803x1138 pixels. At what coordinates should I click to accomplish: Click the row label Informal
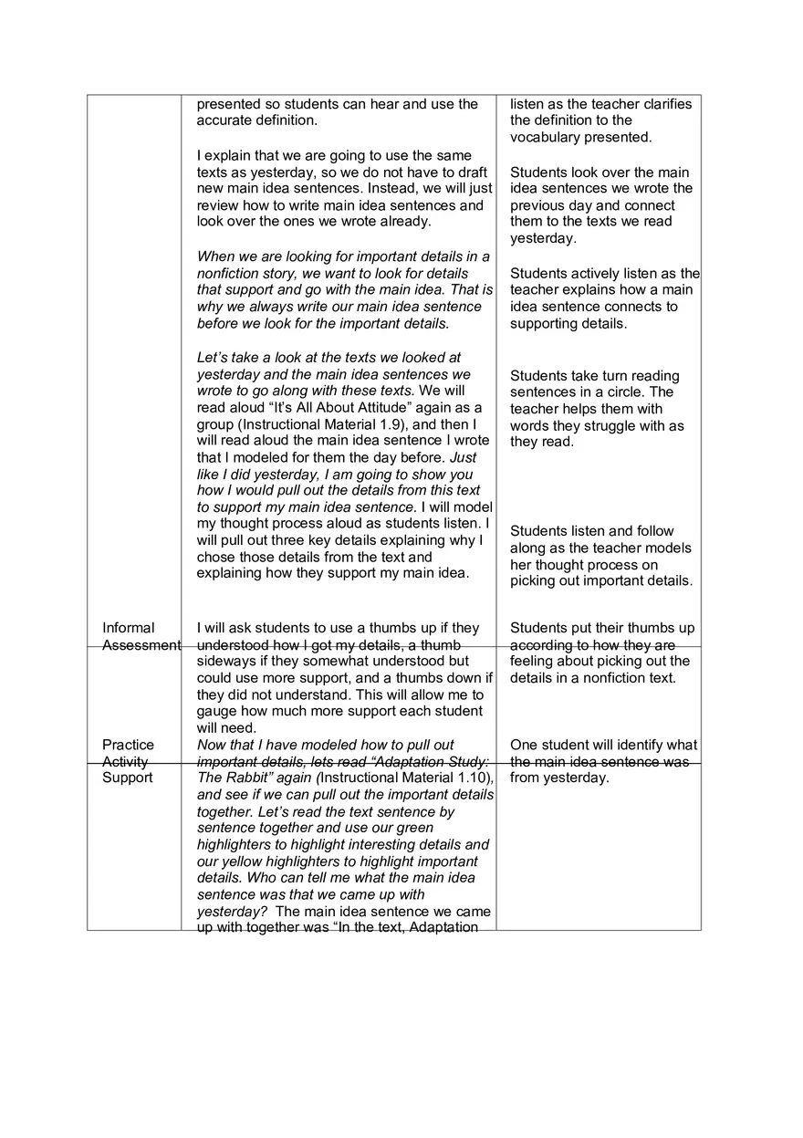pyautogui.click(x=129, y=628)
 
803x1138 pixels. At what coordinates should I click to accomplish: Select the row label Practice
pyautogui.click(x=128, y=745)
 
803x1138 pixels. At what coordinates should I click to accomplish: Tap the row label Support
pyautogui.click(x=128, y=778)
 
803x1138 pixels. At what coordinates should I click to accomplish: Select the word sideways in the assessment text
pyautogui.click(x=228, y=661)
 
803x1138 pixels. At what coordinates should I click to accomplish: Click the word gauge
pyautogui.click(x=217, y=711)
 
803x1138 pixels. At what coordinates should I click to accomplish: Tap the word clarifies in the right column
pyautogui.click(x=668, y=104)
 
